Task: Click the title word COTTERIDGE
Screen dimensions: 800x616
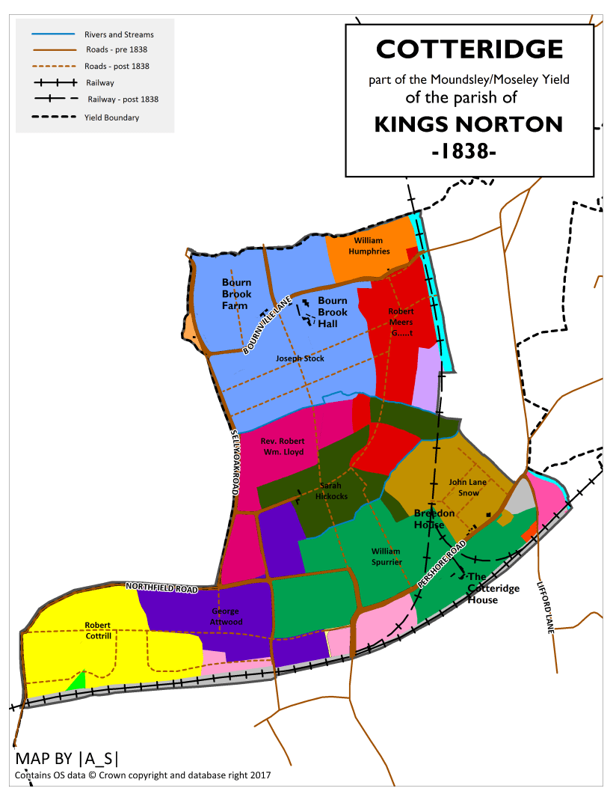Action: [x=469, y=49]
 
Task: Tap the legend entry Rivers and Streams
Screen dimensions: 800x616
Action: [x=119, y=34]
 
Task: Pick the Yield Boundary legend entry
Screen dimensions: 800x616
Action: [x=111, y=117]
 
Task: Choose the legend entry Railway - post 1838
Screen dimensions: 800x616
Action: [x=123, y=99]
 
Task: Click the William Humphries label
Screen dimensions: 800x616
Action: [x=369, y=246]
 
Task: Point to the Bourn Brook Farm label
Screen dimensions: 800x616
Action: [x=236, y=294]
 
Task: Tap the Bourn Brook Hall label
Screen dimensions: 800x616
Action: [x=333, y=312]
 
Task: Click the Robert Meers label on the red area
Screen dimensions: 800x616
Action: [x=401, y=317]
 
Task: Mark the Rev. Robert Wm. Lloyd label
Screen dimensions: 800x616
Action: [x=283, y=447]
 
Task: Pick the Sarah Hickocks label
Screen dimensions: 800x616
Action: [x=331, y=491]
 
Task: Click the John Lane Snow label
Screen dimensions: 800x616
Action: [x=467, y=487]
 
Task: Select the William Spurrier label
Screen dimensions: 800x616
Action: [x=386, y=556]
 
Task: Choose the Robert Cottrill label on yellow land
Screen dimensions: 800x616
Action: [x=98, y=630]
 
